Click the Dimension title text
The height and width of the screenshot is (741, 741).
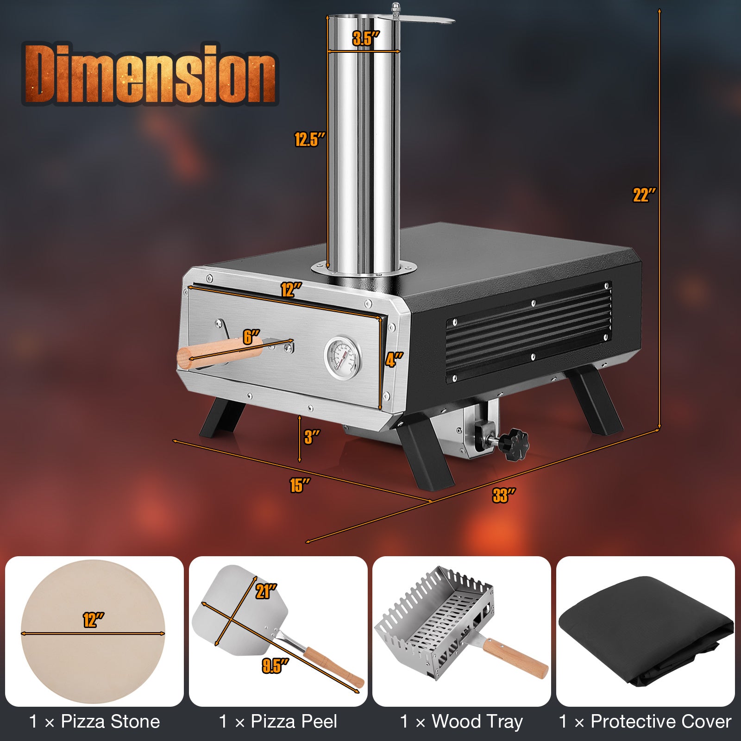pos(149,74)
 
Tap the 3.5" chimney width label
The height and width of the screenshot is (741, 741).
pos(365,38)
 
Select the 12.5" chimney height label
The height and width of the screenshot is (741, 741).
pos(309,139)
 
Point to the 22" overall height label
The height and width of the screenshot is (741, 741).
pos(644,195)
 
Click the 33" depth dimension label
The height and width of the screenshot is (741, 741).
pos(503,496)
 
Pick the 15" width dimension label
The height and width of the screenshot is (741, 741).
pos(299,485)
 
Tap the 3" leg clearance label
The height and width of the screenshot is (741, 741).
pos(312,437)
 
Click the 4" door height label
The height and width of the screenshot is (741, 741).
pos(394,359)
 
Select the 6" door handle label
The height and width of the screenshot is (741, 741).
pos(251,337)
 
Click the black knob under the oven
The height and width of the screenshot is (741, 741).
pos(515,444)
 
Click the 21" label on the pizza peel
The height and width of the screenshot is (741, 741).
pos(266,591)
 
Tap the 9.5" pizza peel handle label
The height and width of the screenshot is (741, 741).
pos(275,666)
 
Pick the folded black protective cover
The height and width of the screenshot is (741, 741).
pos(646,630)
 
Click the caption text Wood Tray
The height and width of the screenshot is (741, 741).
pos(477,722)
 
